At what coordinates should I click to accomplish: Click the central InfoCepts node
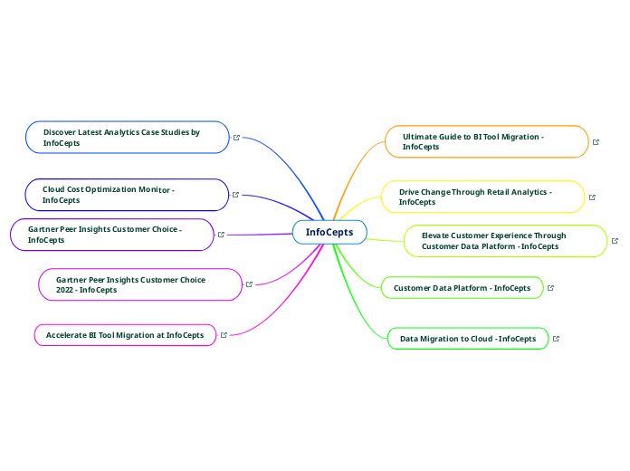click(329, 233)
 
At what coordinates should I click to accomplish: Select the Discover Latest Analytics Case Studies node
click(128, 138)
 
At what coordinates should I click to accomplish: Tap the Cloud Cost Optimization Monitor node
click(127, 195)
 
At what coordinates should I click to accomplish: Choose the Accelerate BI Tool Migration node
click(125, 335)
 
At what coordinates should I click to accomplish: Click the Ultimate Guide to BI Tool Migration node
click(486, 141)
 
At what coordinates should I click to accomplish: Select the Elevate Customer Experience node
click(503, 241)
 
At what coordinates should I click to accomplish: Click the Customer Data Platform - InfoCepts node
click(462, 288)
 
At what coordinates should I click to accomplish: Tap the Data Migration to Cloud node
click(468, 339)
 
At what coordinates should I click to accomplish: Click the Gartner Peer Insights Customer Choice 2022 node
click(140, 284)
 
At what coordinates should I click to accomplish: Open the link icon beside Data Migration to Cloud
click(556, 339)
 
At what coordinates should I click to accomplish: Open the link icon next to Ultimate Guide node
click(596, 142)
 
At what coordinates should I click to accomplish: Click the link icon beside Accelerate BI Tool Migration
click(224, 335)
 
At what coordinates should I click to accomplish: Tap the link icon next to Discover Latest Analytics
click(236, 138)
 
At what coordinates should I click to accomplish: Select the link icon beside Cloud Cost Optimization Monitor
click(235, 195)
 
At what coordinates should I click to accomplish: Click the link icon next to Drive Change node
click(592, 197)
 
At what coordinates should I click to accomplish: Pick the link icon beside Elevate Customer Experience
click(615, 241)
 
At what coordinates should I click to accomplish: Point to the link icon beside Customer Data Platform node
click(550, 288)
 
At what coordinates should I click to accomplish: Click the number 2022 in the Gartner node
click(66, 290)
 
